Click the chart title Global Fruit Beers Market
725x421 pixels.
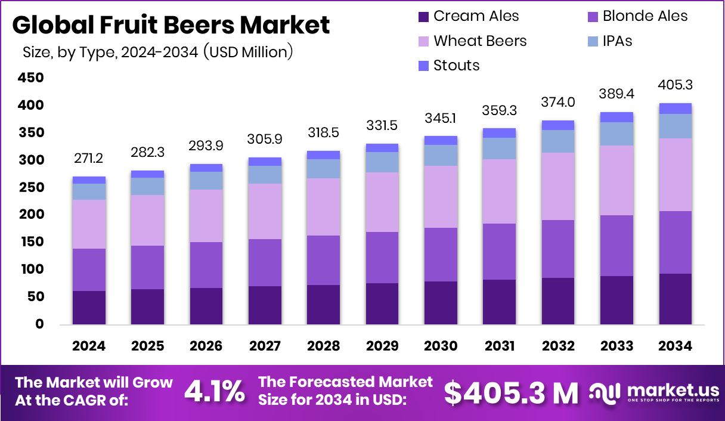[171, 25]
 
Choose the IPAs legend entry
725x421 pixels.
[617, 41]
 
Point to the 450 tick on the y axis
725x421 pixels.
[31, 78]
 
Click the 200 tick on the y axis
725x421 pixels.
[31, 215]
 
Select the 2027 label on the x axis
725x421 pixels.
[265, 346]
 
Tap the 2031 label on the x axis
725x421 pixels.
[499, 346]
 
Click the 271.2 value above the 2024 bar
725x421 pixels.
[89, 159]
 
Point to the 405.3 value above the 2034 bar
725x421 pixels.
[675, 85]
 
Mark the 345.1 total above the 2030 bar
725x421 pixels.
[441, 118]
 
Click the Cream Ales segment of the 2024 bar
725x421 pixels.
[89, 308]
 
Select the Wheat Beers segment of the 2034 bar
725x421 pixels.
[675, 175]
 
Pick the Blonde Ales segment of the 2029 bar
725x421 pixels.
[382, 258]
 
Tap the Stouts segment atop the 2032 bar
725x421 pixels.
[557, 125]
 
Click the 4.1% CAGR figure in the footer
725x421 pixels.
[214, 392]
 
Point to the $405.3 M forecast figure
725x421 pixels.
[511, 392]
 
